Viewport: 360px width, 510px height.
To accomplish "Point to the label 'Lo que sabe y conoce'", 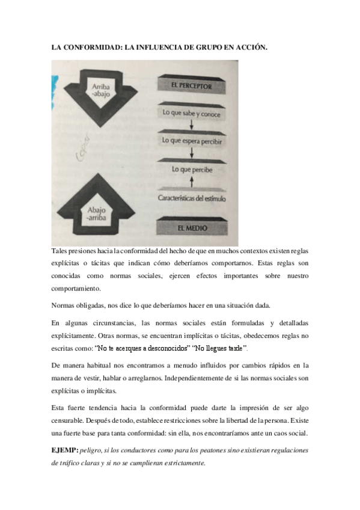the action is (191, 112).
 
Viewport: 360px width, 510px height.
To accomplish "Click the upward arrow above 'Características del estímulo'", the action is (192, 181).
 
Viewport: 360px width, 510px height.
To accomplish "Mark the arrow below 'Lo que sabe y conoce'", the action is (192, 125).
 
